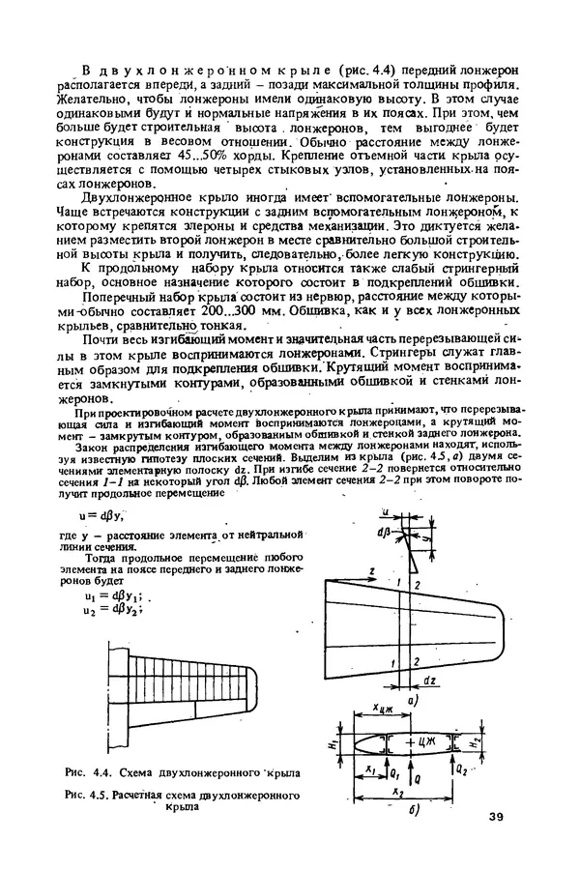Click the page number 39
pos(496,820)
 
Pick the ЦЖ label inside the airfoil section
pos(424,741)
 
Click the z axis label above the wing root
pos(373,572)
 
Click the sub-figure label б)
pos(413,808)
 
